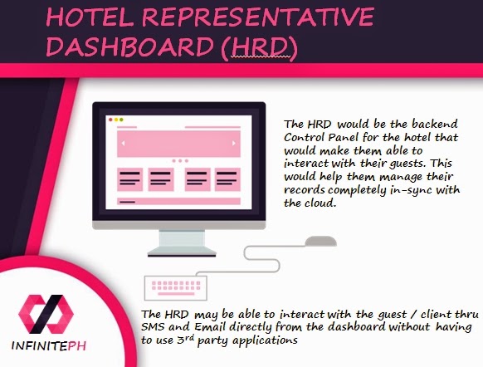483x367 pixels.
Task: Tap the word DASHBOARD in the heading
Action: click(x=129, y=46)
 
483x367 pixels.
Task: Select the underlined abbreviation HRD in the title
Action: click(x=261, y=46)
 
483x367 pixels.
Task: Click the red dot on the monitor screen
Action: click(x=110, y=120)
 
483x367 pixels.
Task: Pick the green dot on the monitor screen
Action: click(x=121, y=120)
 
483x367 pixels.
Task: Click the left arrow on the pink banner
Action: click(x=123, y=144)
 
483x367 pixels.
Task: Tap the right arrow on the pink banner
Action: click(x=234, y=144)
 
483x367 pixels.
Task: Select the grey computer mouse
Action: click(x=320, y=241)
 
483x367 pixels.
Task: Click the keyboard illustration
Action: click(x=176, y=288)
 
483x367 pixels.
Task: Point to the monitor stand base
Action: click(x=182, y=252)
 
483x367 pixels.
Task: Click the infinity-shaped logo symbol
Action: click(x=46, y=314)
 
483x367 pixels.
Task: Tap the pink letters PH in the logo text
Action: click(x=76, y=345)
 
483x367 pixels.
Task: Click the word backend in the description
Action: click(x=435, y=124)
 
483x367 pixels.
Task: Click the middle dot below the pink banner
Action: click(x=180, y=161)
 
